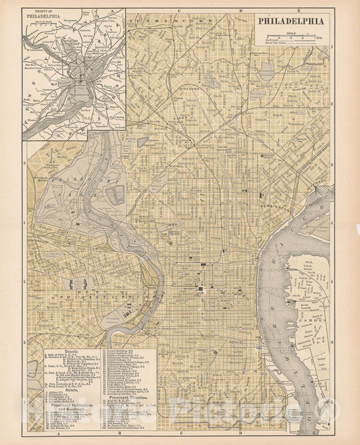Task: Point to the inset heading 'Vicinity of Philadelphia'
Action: click(x=49, y=14)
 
